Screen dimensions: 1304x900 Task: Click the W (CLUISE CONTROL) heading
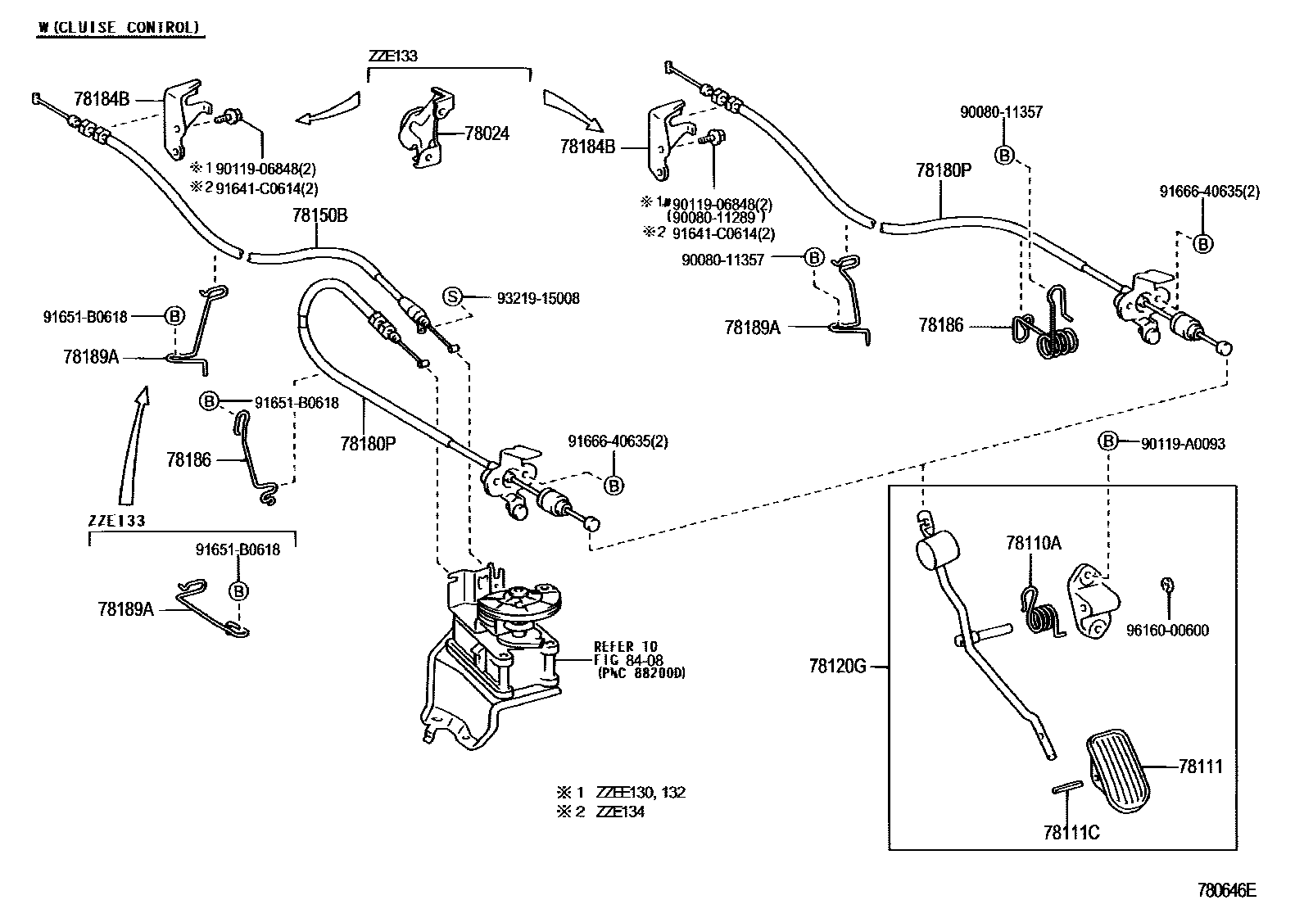pyautogui.click(x=119, y=27)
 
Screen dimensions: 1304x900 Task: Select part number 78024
pyautogui.click(x=487, y=133)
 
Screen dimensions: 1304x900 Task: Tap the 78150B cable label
pyautogui.click(x=319, y=215)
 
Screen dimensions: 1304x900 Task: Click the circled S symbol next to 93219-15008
pyautogui.click(x=452, y=297)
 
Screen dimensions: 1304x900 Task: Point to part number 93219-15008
pyautogui.click(x=538, y=299)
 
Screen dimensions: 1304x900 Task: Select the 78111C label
pyautogui.click(x=1071, y=833)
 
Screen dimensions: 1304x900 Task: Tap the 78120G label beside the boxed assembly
pyautogui.click(x=838, y=666)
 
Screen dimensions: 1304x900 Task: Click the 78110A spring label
pyautogui.click(x=1034, y=543)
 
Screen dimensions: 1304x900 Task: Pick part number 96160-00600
pyautogui.click(x=1167, y=630)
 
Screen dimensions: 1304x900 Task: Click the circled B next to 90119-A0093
pyautogui.click(x=1107, y=441)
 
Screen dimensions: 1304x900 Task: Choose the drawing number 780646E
pyautogui.click(x=1226, y=890)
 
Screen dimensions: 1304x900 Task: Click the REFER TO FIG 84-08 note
pyautogui.click(x=639, y=659)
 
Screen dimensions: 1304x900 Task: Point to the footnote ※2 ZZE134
pyautogui.click(x=600, y=812)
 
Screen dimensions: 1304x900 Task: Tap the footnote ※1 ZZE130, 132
pyautogui.click(x=621, y=792)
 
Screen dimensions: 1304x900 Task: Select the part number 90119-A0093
pyautogui.click(x=1183, y=444)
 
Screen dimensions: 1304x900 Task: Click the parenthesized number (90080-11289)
pyautogui.click(x=715, y=219)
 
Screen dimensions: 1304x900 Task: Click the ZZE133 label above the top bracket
pyautogui.click(x=393, y=56)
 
